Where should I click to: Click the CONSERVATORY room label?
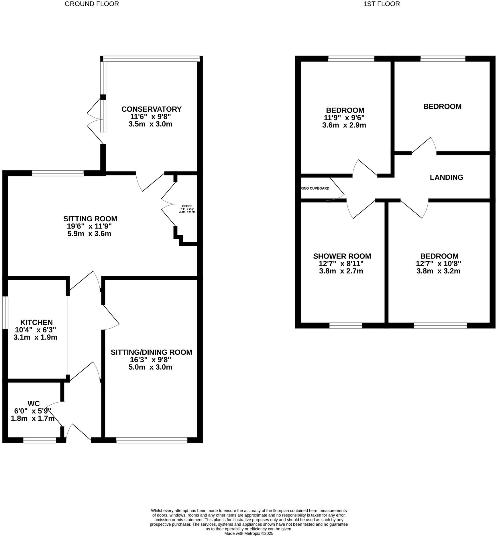151,109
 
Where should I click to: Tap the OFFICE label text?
187,206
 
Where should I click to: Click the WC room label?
34,404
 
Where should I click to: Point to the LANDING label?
446,177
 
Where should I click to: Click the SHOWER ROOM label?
342,256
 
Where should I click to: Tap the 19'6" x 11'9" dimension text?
89,226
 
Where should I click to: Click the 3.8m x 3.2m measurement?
438,271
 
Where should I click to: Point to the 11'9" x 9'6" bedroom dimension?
344,118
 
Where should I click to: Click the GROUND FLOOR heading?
92,4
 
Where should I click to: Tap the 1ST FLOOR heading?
382,4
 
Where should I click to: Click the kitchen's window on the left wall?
5,313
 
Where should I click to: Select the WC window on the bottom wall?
40,440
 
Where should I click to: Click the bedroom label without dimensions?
442,107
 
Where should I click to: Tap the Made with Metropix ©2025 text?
249,533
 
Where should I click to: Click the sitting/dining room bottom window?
152,440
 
